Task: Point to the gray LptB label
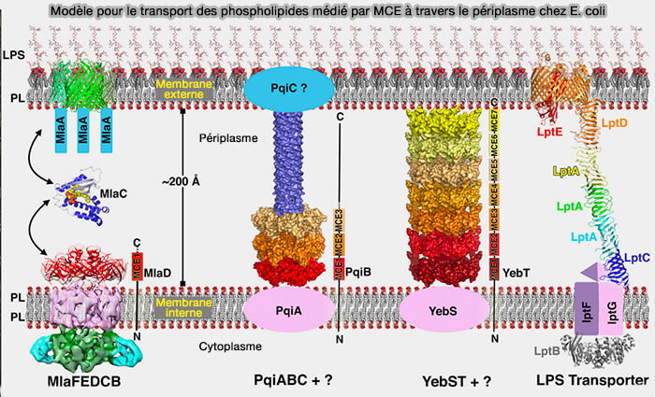click(548, 351)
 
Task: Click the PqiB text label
click(359, 272)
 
